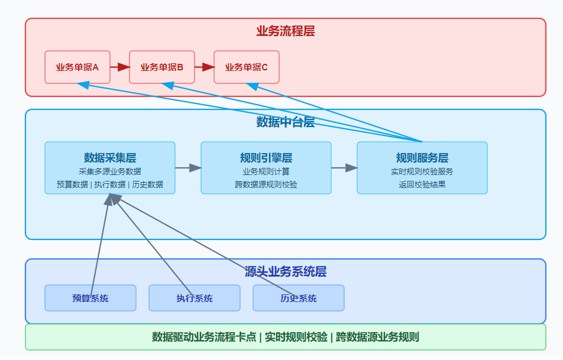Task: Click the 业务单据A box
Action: [77, 67]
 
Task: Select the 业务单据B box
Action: [162, 67]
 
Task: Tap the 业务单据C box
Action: [246, 67]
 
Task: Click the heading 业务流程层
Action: [286, 31]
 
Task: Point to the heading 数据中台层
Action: [286, 122]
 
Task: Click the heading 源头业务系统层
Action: [286, 272]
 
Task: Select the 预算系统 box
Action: [90, 298]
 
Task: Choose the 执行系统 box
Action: [195, 298]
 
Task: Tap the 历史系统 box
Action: [299, 298]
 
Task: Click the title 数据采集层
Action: [110, 158]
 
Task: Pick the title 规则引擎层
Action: [266, 158]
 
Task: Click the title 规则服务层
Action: [422, 158]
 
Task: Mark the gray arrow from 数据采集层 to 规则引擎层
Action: [188, 168]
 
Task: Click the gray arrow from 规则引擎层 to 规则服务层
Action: [344, 168]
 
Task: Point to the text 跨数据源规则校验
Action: [266, 184]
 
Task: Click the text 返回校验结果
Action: [422, 184]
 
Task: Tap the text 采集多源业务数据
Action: [110, 171]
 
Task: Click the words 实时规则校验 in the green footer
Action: [296, 337]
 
